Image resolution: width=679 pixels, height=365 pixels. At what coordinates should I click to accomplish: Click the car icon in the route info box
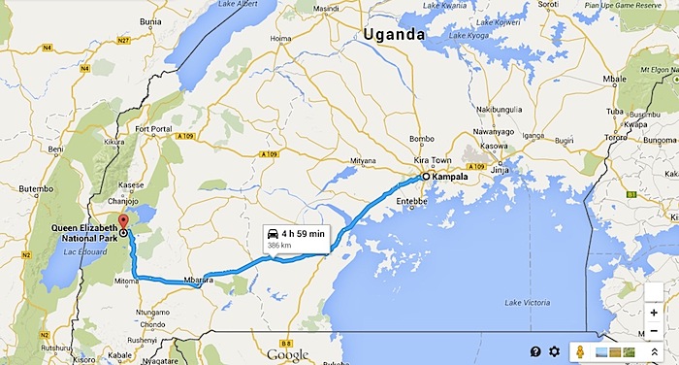click(x=275, y=235)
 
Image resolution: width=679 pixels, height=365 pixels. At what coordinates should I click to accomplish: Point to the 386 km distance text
click(x=280, y=249)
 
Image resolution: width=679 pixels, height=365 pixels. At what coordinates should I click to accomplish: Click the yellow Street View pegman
click(x=580, y=351)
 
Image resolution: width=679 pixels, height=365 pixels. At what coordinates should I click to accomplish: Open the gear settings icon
click(x=554, y=351)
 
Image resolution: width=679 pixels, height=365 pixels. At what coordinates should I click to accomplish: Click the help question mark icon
click(x=534, y=351)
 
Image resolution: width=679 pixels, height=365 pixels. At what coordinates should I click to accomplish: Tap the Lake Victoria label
click(x=527, y=304)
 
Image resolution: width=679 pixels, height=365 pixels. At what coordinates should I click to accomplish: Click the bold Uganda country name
click(x=394, y=35)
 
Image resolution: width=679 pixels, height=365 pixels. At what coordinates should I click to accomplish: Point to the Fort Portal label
click(x=153, y=130)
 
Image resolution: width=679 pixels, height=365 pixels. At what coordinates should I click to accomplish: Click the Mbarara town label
click(x=197, y=281)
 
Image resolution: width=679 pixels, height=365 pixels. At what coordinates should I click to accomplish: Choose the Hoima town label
click(x=280, y=39)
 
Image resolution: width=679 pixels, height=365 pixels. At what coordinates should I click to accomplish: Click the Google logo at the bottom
click(x=287, y=355)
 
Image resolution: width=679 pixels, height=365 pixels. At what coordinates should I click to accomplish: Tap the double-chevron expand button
click(x=655, y=351)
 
